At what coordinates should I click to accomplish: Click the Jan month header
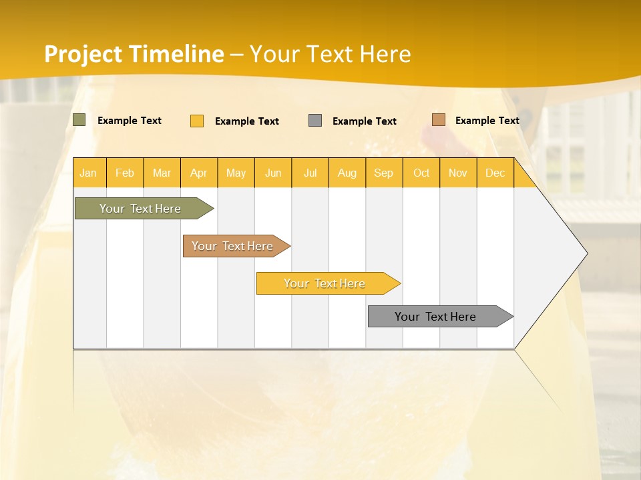tap(88, 173)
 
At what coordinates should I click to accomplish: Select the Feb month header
tap(125, 173)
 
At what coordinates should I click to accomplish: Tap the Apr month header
tap(198, 173)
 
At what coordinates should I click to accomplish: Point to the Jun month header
tap(273, 173)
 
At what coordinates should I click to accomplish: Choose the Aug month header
tap(347, 173)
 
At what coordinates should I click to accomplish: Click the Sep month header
tap(383, 173)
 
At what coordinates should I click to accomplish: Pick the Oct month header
tap(421, 173)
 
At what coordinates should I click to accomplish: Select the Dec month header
tap(495, 173)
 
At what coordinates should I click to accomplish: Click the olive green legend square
tap(79, 120)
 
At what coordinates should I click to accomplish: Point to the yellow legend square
tap(197, 121)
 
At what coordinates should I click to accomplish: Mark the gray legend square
tap(315, 121)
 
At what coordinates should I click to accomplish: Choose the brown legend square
tap(438, 120)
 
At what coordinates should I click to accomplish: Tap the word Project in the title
tap(83, 54)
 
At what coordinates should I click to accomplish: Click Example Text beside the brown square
tap(487, 121)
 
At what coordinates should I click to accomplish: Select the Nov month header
tap(458, 173)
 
